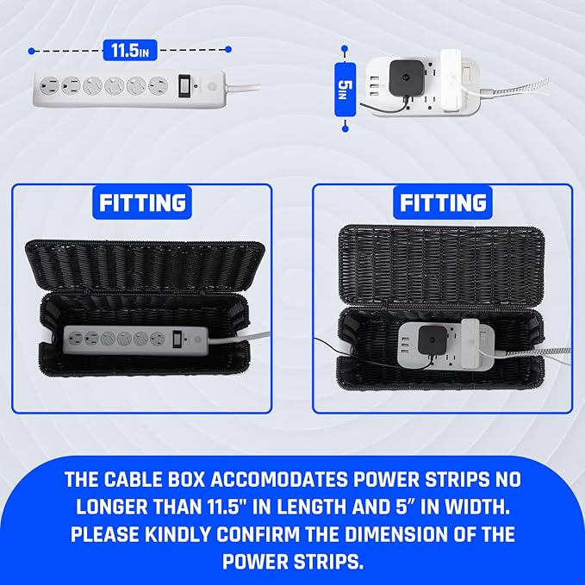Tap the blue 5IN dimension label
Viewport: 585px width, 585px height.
click(345, 86)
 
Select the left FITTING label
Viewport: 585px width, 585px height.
click(142, 203)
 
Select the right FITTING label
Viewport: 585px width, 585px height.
click(441, 203)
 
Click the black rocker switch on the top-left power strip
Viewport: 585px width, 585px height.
click(184, 86)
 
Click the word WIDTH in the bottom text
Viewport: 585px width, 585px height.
click(477, 506)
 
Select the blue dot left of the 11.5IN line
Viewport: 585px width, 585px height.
click(32, 50)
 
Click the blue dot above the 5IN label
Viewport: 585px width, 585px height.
click(345, 49)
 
